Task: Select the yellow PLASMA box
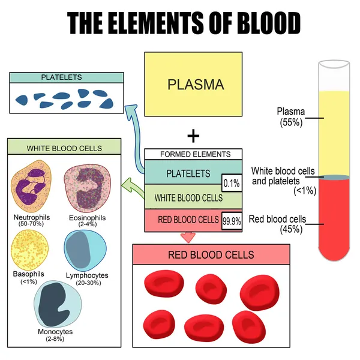(194, 83)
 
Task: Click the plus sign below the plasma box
(193, 136)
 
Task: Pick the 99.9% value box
(232, 221)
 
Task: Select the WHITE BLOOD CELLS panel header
(64, 148)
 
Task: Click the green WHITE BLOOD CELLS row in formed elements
(188, 197)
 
